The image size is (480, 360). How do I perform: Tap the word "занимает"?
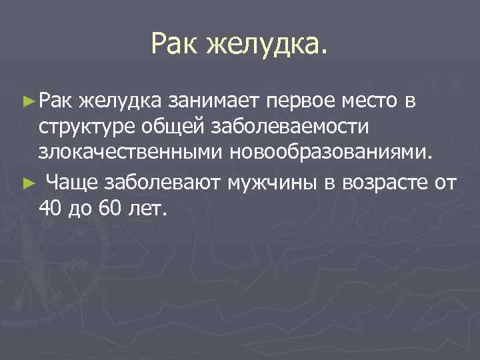pos(213,101)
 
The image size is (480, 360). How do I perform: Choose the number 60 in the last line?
pos(109,208)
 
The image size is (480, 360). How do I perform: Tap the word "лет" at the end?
pos(147,208)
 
